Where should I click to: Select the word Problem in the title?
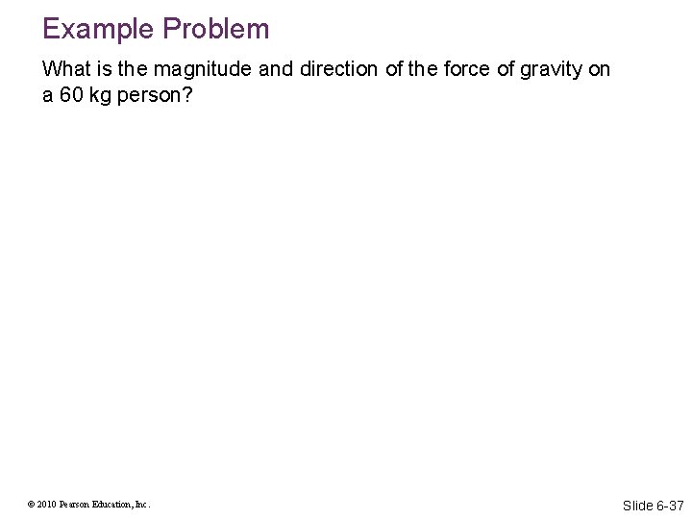click(x=216, y=29)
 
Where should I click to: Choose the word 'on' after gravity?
click(x=599, y=69)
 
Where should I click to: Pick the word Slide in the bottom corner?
click(x=638, y=506)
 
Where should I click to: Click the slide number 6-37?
click(x=670, y=506)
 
